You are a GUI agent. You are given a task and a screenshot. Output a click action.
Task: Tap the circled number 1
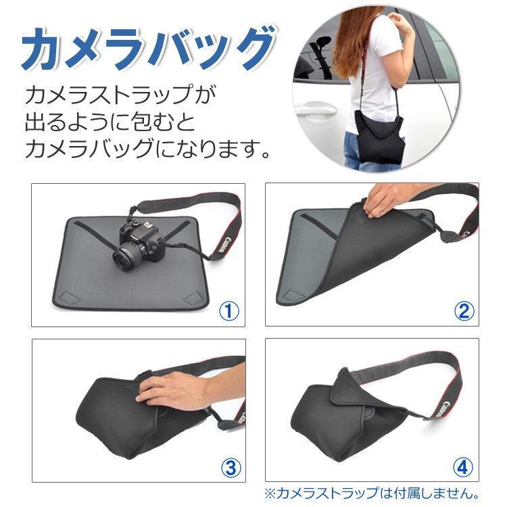(229, 311)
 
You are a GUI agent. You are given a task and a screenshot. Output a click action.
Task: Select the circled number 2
(464, 311)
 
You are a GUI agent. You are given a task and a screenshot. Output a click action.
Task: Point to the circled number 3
(231, 467)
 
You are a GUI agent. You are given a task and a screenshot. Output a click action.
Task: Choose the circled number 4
(462, 467)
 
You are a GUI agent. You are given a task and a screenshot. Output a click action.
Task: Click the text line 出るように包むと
(111, 122)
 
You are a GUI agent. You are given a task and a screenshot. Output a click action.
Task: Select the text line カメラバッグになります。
(147, 147)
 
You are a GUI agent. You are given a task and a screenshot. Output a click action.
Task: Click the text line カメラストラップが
(120, 95)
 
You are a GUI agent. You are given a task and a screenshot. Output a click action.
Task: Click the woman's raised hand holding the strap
(402, 22)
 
